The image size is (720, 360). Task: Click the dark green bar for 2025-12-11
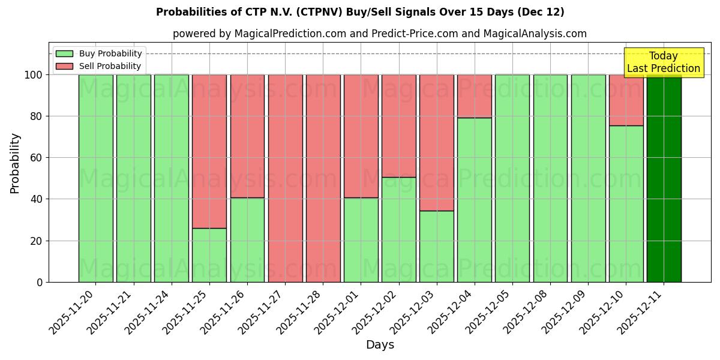664,178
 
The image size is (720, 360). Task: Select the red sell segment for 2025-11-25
209,151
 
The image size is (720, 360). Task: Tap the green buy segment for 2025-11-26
247,239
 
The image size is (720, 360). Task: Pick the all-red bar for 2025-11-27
285,178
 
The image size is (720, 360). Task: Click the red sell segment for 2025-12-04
475,96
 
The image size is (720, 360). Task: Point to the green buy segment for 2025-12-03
437,246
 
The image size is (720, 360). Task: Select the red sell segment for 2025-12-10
626,100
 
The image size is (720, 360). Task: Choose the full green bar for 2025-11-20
95,178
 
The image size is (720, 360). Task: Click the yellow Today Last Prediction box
663,62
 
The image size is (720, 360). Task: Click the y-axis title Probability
15,163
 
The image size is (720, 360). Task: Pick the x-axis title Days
380,345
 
